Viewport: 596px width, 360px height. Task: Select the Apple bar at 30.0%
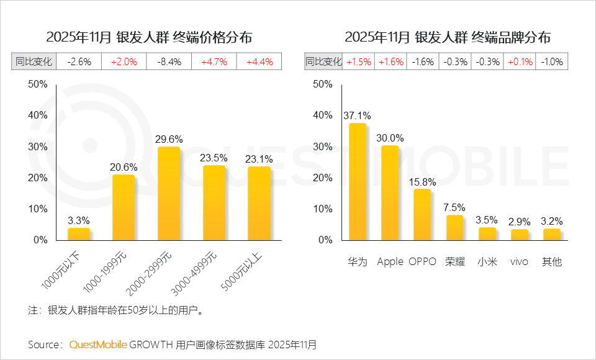pyautogui.click(x=390, y=192)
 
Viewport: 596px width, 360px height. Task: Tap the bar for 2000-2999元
pyautogui.click(x=169, y=193)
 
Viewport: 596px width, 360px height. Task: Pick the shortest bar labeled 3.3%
pyautogui.click(x=79, y=234)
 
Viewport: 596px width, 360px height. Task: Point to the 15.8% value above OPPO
pyautogui.click(x=422, y=182)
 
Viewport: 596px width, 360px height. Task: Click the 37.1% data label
pyautogui.click(x=358, y=115)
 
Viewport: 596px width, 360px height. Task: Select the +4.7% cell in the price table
pyautogui.click(x=214, y=61)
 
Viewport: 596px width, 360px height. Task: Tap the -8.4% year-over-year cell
pyautogui.click(x=169, y=61)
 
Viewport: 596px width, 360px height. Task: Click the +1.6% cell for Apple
pyautogui.click(x=391, y=61)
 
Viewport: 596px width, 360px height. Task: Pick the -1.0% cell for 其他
pyautogui.click(x=552, y=61)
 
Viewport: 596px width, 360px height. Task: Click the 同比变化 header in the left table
pyautogui.click(x=34, y=61)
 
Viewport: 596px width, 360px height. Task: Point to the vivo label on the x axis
pyautogui.click(x=519, y=262)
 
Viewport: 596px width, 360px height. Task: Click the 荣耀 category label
pyautogui.click(x=454, y=262)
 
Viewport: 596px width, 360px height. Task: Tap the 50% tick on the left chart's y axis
pyautogui.click(x=38, y=84)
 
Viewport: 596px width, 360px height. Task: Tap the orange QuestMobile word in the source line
pyautogui.click(x=97, y=344)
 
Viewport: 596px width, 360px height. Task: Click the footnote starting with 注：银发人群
pyautogui.click(x=117, y=310)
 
